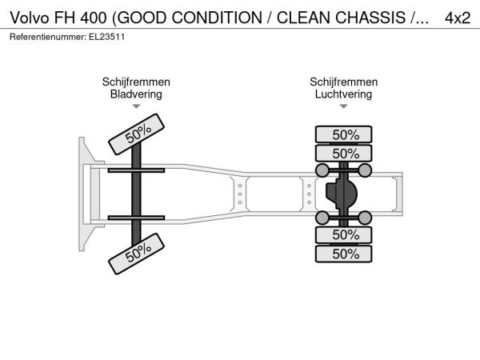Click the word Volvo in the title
tap(30, 18)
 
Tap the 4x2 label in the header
tap(458, 18)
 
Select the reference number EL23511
tap(107, 37)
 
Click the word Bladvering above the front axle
tap(136, 94)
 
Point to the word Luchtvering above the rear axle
tap(343, 94)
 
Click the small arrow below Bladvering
tap(136, 106)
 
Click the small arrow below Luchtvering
tap(343, 106)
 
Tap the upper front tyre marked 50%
tap(137, 134)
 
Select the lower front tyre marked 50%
tap(137, 254)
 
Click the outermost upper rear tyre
tap(344, 134)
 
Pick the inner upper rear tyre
tap(344, 154)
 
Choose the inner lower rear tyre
tap(344, 234)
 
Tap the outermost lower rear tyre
tap(344, 254)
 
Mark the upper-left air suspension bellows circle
tap(322, 170)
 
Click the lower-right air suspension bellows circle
tap(365, 218)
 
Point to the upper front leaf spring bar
tap(136, 170)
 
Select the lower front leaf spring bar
tap(136, 218)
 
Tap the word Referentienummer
tap(48, 37)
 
